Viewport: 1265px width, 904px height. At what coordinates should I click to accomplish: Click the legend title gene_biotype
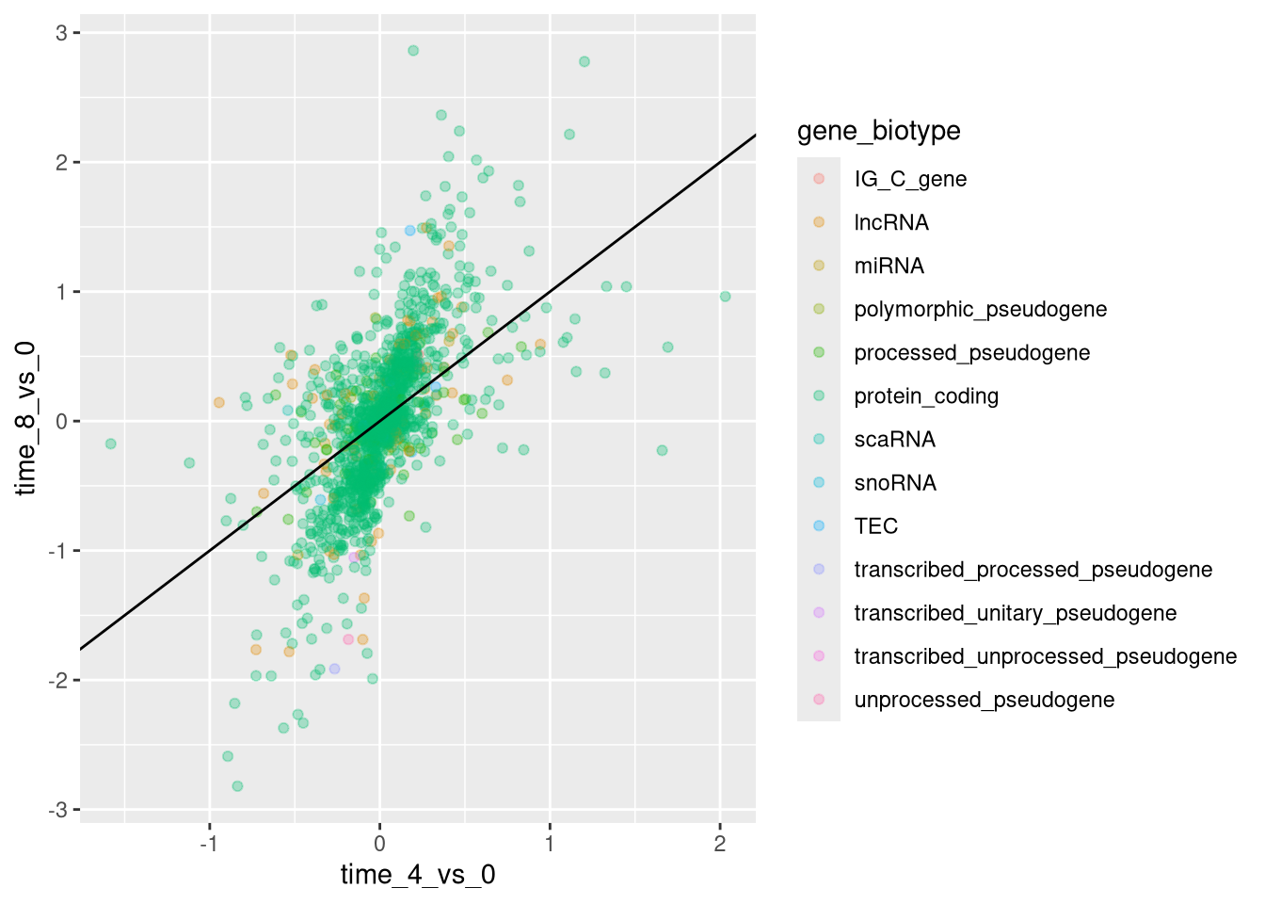pyautogui.click(x=878, y=131)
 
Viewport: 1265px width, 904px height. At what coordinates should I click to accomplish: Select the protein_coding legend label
pyautogui.click(x=926, y=396)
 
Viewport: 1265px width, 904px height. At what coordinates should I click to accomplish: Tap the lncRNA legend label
pyautogui.click(x=891, y=223)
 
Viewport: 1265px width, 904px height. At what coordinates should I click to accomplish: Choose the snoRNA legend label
pyautogui.click(x=895, y=483)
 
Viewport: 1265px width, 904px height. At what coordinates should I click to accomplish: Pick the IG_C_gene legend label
pyautogui.click(x=910, y=180)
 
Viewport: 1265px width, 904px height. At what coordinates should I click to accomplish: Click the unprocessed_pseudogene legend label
pyautogui.click(x=984, y=700)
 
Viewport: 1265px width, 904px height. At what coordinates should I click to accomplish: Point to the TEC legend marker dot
pyautogui.click(x=819, y=525)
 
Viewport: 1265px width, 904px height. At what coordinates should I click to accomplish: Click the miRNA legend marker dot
pyautogui.click(x=819, y=266)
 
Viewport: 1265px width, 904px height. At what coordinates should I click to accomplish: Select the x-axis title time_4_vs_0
pyautogui.click(x=418, y=875)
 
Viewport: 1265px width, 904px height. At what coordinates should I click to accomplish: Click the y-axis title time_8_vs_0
pyautogui.click(x=26, y=418)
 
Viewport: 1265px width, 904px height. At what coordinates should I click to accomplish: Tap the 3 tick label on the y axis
pyautogui.click(x=61, y=33)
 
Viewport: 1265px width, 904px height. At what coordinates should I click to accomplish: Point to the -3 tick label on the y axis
pyautogui.click(x=58, y=810)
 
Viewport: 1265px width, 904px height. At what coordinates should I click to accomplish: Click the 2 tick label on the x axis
pyautogui.click(x=720, y=844)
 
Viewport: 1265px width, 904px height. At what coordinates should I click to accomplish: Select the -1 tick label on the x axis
pyautogui.click(x=209, y=844)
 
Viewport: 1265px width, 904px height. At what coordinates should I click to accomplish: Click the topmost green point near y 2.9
pyautogui.click(x=413, y=51)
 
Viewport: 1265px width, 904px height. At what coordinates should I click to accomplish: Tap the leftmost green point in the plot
pyautogui.click(x=111, y=444)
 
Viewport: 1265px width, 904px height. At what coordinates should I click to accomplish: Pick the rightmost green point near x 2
pyautogui.click(x=726, y=297)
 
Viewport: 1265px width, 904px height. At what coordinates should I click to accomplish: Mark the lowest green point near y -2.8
pyautogui.click(x=237, y=786)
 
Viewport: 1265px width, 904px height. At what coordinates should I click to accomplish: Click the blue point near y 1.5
pyautogui.click(x=409, y=231)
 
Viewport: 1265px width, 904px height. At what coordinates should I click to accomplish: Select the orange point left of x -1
pyautogui.click(x=219, y=402)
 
